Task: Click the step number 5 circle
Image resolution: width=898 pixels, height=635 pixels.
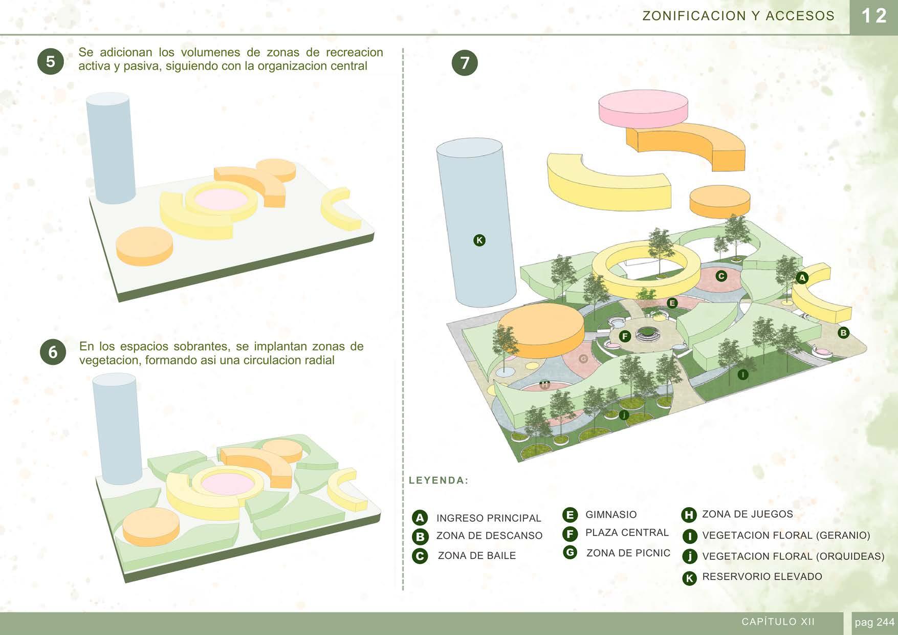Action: [50, 62]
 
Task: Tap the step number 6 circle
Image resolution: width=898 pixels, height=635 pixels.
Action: [53, 352]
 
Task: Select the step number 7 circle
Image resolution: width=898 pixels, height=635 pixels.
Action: [465, 63]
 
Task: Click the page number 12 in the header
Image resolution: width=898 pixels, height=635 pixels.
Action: [874, 16]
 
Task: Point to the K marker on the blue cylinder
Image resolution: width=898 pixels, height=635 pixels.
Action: [479, 240]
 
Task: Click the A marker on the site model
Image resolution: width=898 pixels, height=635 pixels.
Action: [802, 278]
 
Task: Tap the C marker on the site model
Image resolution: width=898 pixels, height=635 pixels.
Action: [721, 276]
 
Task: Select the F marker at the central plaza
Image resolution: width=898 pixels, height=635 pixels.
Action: [625, 336]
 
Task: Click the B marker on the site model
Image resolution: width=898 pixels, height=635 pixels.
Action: [843, 333]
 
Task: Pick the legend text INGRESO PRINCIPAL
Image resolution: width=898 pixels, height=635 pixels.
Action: [488, 518]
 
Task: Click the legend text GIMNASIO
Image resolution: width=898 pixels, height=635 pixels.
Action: [611, 515]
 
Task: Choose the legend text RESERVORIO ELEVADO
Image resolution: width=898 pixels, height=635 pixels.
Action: [762, 577]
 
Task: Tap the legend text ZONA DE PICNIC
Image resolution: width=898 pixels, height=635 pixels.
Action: [628, 553]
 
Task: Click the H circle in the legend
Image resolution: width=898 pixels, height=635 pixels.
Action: [689, 515]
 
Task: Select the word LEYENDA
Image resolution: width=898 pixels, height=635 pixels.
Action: [439, 480]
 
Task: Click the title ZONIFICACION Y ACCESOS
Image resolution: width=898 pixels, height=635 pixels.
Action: [738, 16]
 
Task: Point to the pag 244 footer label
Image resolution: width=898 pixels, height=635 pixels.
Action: [874, 623]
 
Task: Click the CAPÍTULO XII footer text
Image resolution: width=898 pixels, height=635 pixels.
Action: [778, 622]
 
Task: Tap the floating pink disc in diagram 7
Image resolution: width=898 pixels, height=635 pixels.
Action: [643, 108]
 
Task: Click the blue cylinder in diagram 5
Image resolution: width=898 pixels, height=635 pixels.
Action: [110, 148]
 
